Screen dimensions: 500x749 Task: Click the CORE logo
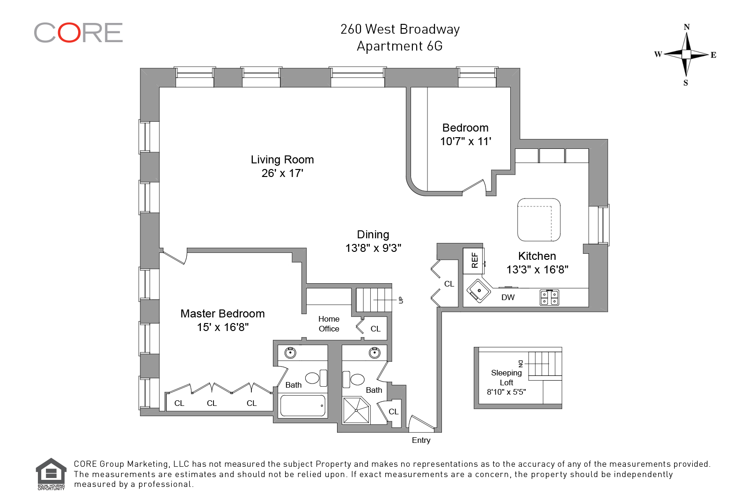point(78,33)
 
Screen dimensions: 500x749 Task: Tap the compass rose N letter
point(687,27)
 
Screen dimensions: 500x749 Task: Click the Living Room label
point(282,160)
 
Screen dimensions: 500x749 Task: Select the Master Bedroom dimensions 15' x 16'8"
point(223,327)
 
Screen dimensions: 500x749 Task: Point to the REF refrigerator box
point(474,261)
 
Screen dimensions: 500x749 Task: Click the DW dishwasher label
point(508,297)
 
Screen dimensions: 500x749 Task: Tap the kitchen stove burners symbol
point(550,297)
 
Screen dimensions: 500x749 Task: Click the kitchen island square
point(539,220)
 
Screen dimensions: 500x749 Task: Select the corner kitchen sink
point(478,291)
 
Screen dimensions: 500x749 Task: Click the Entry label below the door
point(421,440)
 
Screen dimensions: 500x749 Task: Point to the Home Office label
point(329,324)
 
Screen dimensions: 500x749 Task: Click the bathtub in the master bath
point(302,405)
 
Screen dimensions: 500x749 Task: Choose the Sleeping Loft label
point(507,377)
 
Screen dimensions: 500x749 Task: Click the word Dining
point(373,235)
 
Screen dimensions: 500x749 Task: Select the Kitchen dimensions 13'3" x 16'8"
point(537,270)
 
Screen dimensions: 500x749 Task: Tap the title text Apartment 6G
point(400,46)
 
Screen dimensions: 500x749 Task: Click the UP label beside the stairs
point(401,300)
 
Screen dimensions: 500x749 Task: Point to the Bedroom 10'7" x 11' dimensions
point(466,141)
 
